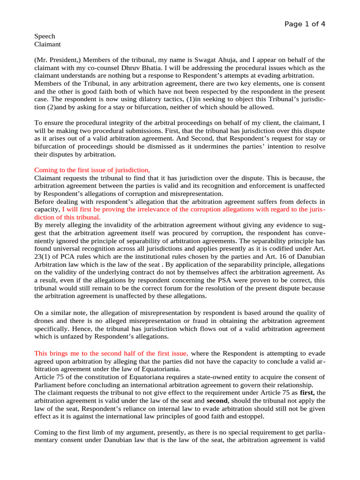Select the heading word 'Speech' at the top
tap(45, 36)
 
